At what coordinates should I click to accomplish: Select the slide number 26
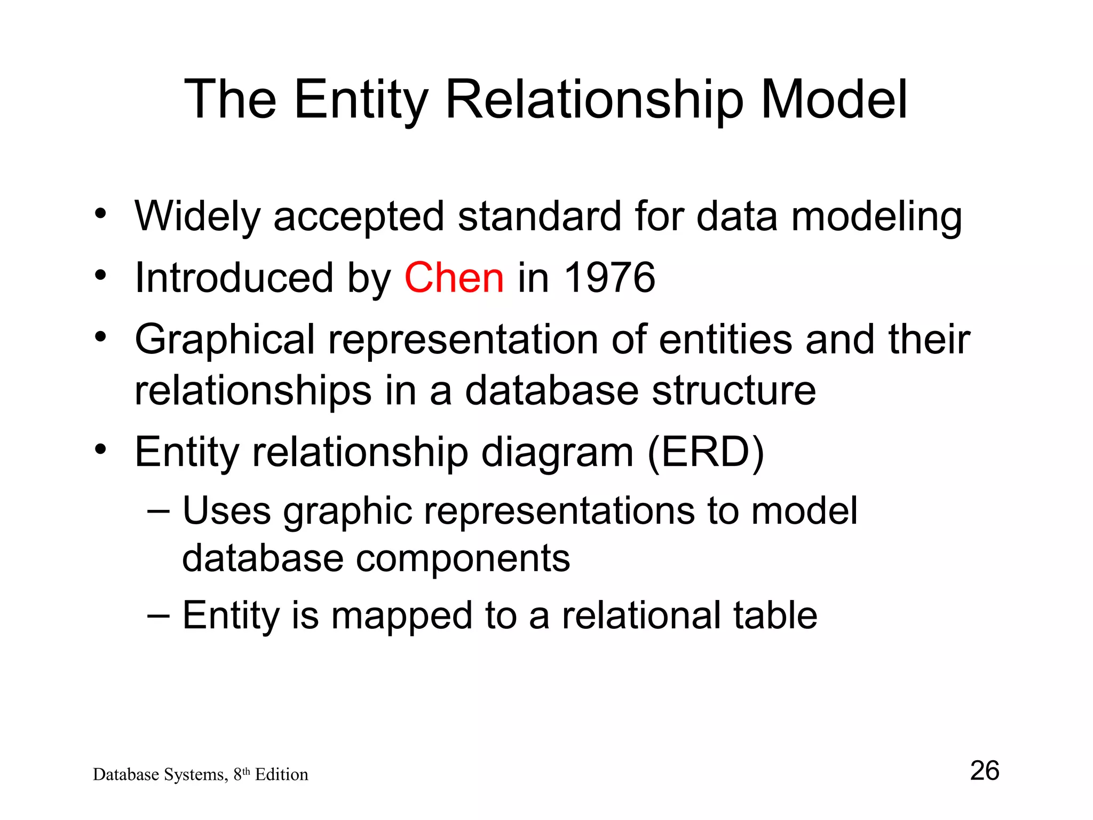(984, 770)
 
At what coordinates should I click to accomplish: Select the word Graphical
(225, 340)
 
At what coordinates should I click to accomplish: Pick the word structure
(734, 391)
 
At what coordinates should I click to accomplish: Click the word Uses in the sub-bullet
(227, 511)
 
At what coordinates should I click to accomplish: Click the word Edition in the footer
(281, 775)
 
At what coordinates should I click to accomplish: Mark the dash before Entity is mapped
(159, 615)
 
